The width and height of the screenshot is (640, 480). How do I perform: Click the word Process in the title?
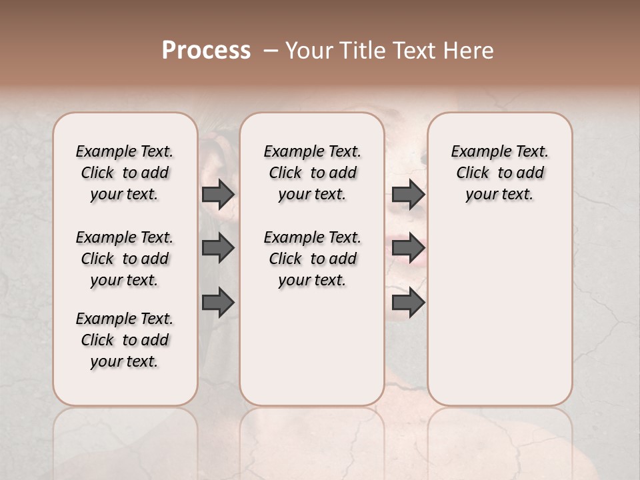[206, 51]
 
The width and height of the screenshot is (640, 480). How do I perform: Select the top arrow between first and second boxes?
[218, 195]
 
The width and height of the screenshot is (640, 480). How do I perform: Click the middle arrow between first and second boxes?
[218, 249]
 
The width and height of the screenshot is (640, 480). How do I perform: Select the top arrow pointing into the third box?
[408, 195]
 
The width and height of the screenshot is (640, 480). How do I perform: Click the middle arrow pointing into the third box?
[408, 249]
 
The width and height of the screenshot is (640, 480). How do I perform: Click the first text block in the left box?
[125, 173]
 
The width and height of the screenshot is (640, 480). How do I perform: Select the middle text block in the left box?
[125, 259]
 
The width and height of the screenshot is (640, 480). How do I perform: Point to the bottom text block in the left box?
[125, 340]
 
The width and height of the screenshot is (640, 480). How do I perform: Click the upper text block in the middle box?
[312, 173]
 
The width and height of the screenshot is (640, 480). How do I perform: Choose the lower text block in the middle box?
[312, 259]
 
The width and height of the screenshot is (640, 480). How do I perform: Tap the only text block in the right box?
[499, 173]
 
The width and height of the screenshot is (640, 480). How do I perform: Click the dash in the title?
[270, 51]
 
